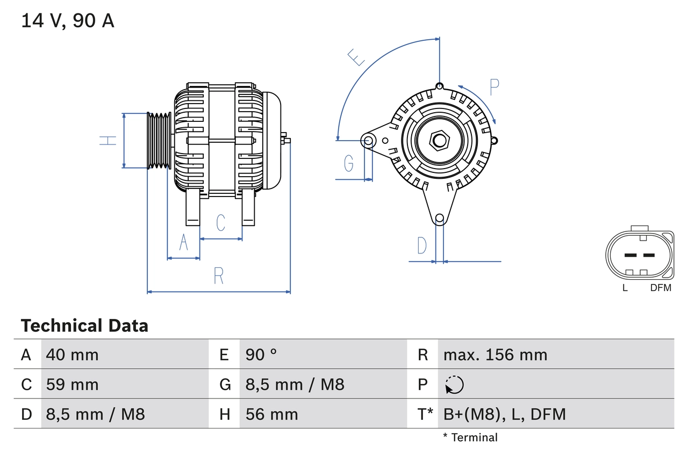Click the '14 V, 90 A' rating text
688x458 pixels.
(x=68, y=21)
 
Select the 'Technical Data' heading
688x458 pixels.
(x=84, y=325)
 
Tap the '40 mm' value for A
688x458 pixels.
(x=73, y=354)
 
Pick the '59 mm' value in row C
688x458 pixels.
(x=73, y=384)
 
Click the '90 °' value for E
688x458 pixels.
(x=261, y=354)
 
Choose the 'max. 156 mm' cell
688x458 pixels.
(x=495, y=354)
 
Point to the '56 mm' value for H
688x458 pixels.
(x=271, y=414)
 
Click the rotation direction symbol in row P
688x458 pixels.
(x=454, y=384)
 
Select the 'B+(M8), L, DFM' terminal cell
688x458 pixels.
(x=504, y=414)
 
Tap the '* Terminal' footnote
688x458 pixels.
(x=470, y=438)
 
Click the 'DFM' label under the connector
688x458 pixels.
(x=661, y=288)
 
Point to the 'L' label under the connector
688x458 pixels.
(x=625, y=288)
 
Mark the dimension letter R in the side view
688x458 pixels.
(x=218, y=276)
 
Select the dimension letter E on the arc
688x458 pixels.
(x=356, y=57)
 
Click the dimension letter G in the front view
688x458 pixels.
(x=349, y=163)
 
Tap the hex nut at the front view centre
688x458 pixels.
(x=439, y=141)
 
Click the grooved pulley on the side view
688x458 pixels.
(x=159, y=141)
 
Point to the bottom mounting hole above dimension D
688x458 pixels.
(x=439, y=218)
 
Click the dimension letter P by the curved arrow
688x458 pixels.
(x=494, y=87)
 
